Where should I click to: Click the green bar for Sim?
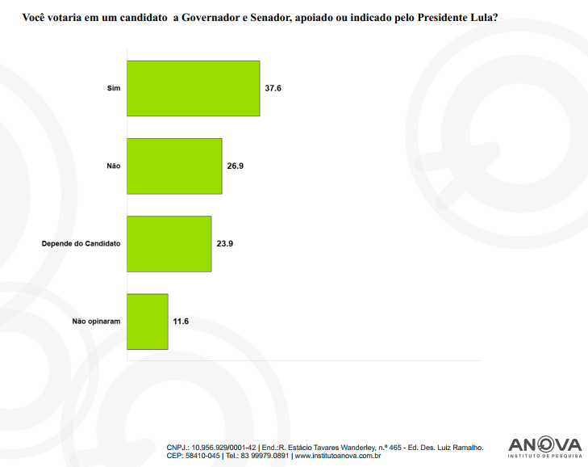coord(194,88)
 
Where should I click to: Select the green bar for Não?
coord(174,166)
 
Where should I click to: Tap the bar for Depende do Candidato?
coord(169,243)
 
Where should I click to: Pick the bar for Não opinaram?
coord(148,321)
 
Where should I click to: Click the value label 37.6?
coord(273,88)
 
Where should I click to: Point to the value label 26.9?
coord(236,166)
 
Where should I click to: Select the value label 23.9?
coord(225,243)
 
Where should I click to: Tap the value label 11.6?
coord(181,321)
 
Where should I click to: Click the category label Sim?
coord(114,88)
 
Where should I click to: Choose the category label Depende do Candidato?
coord(81,243)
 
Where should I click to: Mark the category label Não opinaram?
coord(96,321)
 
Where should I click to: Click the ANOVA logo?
coord(544,446)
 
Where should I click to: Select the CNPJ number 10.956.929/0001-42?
coord(223,447)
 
